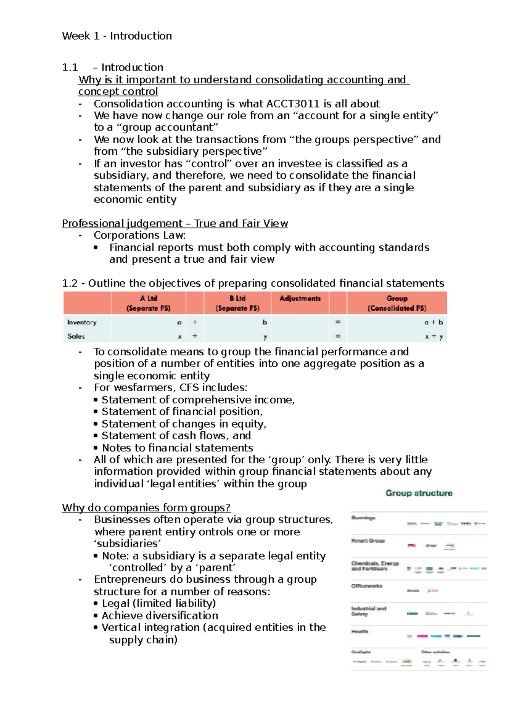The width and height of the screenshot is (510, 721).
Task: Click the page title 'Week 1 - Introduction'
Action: coord(117,36)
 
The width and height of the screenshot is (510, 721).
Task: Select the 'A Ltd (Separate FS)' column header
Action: coord(148,303)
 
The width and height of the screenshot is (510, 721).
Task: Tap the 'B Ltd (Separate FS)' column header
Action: coord(237,303)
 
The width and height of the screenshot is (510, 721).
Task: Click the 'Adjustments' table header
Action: coord(300,298)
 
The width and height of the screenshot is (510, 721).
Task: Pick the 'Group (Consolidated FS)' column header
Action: coord(397,303)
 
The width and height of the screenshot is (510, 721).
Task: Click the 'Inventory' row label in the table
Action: coord(82,322)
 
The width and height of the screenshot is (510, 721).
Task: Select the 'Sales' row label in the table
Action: coord(76,336)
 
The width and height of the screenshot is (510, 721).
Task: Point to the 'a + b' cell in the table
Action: coord(433,322)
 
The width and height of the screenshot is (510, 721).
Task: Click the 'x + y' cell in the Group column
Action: coord(433,336)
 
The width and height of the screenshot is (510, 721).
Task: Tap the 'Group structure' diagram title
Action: coord(419,493)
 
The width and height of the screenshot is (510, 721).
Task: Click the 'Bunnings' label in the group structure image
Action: coord(363,518)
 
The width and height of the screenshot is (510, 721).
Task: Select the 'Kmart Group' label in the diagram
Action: coord(368,541)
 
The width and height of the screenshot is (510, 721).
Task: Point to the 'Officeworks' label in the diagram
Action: coord(367,586)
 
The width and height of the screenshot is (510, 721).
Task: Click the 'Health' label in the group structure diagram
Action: coord(360,631)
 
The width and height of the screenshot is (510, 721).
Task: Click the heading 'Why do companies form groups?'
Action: coord(146,508)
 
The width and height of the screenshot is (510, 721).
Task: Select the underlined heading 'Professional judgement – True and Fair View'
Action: coord(175,224)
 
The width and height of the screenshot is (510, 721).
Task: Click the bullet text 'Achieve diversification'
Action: coord(160,616)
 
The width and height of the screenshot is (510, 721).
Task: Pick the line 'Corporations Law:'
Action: coord(139,236)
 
